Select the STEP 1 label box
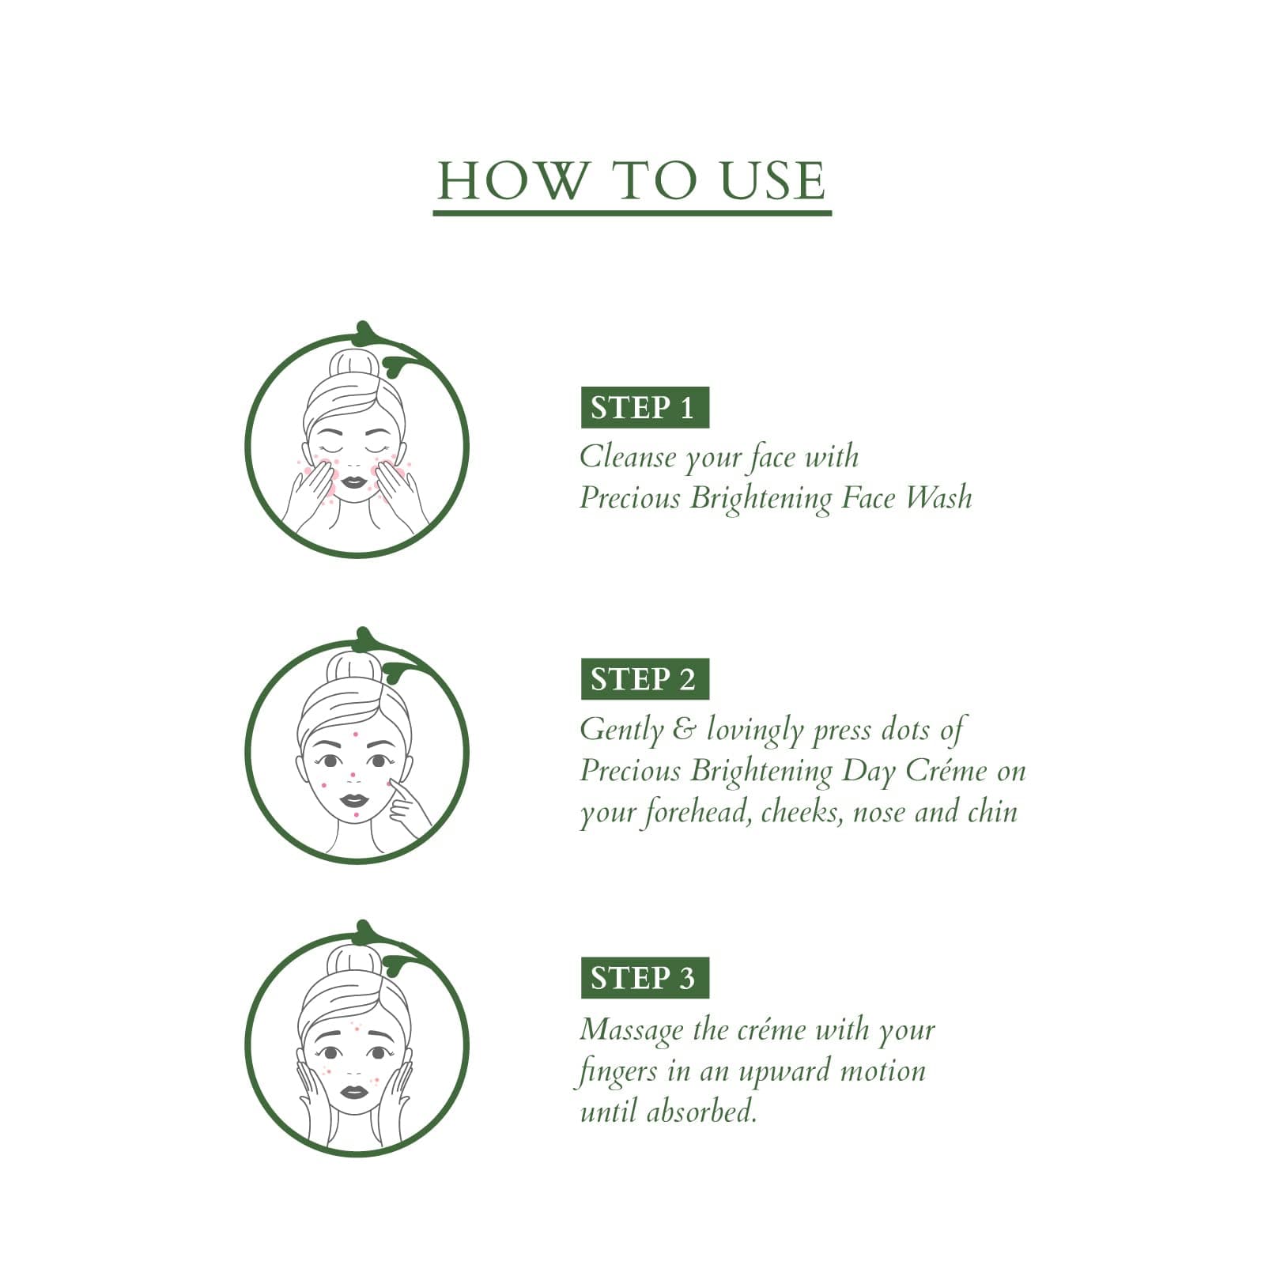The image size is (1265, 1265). click(x=644, y=407)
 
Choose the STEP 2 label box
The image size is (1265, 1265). click(x=644, y=679)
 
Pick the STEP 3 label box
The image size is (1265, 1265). click(x=644, y=978)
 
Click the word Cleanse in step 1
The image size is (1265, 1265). click(x=627, y=456)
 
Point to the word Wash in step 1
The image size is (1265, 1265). click(x=938, y=497)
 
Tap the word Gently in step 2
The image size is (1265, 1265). click(x=621, y=730)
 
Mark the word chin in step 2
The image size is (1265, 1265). click(x=992, y=812)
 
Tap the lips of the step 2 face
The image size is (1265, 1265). click(x=353, y=800)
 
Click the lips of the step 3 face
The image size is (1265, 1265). click(x=353, y=1092)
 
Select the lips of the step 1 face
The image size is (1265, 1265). click(x=353, y=480)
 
